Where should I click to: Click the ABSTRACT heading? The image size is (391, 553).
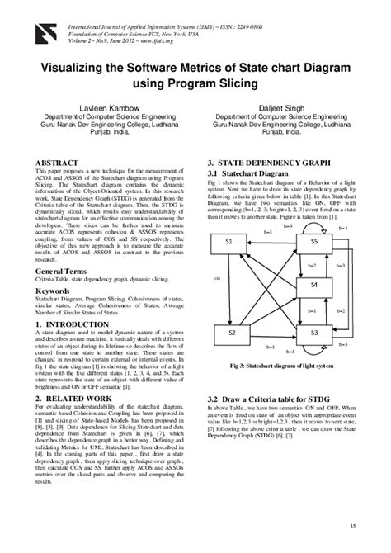pos(59,163)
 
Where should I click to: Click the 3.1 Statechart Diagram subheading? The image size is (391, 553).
pos(249,174)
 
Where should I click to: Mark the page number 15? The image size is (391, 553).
pos(353,526)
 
